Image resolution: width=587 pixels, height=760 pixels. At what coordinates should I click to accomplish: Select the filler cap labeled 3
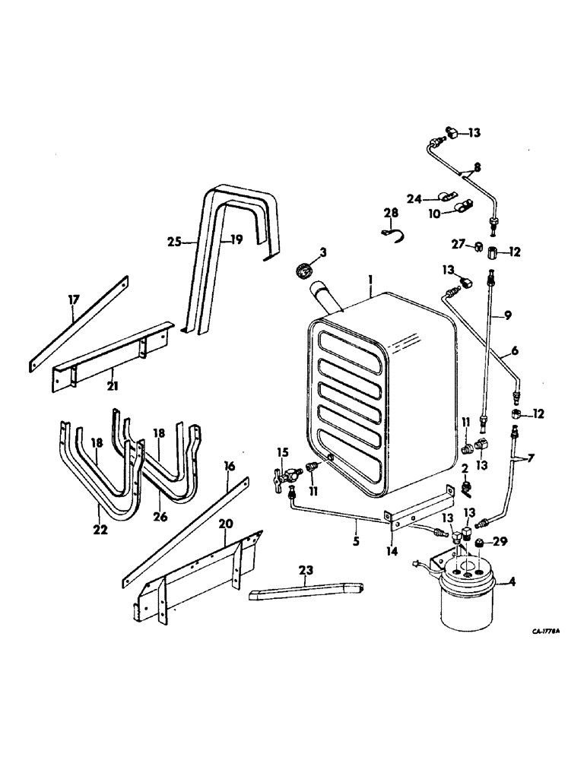(x=301, y=271)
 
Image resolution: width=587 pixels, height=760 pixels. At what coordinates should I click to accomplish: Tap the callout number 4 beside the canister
(x=512, y=584)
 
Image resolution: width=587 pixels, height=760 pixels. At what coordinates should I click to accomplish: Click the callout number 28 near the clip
(x=390, y=214)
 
